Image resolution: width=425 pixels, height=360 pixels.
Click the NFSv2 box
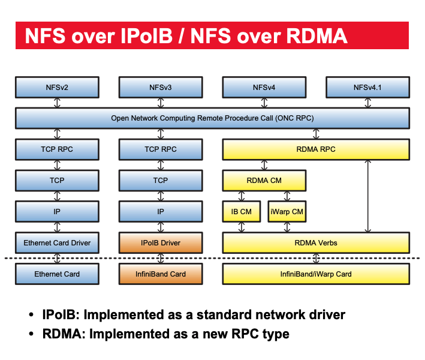click(57, 87)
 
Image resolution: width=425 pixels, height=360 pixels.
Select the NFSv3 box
click(160, 87)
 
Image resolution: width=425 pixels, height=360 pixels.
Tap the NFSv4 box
click(264, 87)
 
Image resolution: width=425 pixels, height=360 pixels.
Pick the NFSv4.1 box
click(367, 87)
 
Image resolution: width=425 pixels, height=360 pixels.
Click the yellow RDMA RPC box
click(317, 149)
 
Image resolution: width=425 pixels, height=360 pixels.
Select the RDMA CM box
click(264, 181)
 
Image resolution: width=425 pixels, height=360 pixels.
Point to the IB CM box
click(241, 212)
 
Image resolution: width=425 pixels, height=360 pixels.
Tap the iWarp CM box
click(287, 212)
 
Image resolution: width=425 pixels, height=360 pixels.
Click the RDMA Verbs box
click(317, 243)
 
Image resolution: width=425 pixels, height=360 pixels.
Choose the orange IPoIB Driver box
click(160, 243)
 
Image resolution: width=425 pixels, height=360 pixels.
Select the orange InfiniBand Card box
click(160, 274)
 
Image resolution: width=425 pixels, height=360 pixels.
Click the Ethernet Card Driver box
click(57, 243)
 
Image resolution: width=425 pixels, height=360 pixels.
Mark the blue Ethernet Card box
click(57, 274)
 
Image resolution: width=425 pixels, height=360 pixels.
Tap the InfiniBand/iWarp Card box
click(317, 274)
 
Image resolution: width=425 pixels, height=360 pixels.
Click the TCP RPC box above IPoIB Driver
click(160, 149)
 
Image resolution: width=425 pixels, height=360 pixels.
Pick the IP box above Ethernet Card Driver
click(57, 212)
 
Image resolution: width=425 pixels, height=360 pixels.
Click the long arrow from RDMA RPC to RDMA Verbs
click(367, 196)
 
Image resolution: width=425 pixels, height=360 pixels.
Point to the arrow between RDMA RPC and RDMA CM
click(264, 165)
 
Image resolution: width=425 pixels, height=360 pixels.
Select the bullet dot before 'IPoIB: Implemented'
click(31, 315)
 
